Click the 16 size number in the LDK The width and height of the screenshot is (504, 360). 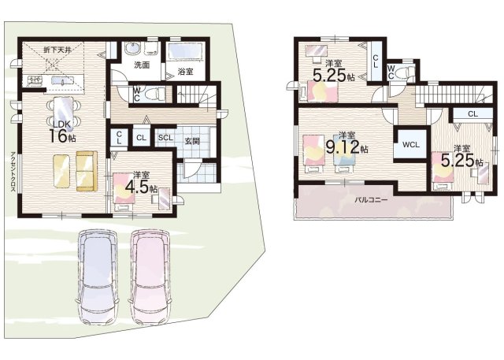pyautogui.click(x=57, y=135)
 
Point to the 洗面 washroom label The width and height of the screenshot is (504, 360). pyautogui.click(x=142, y=65)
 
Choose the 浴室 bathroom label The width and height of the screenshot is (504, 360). pyautogui.click(x=186, y=72)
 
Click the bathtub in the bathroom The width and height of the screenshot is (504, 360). pyautogui.click(x=184, y=51)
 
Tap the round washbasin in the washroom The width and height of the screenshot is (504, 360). pyautogui.click(x=132, y=49)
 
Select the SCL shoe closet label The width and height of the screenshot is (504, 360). pyautogui.click(x=165, y=138)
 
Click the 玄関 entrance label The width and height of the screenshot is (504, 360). pyautogui.click(x=192, y=141)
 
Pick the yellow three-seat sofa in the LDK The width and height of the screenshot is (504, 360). pyautogui.click(x=87, y=171)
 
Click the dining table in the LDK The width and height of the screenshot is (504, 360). pyautogui.click(x=63, y=110)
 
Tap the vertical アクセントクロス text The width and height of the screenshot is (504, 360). pyautogui.click(x=13, y=172)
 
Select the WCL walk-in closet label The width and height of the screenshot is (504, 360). pyautogui.click(x=411, y=145)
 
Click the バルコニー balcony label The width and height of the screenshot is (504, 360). pyautogui.click(x=371, y=200)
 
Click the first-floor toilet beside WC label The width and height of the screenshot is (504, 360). pyautogui.click(x=154, y=95)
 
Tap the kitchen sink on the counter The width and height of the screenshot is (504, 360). pyautogui.click(x=62, y=80)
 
